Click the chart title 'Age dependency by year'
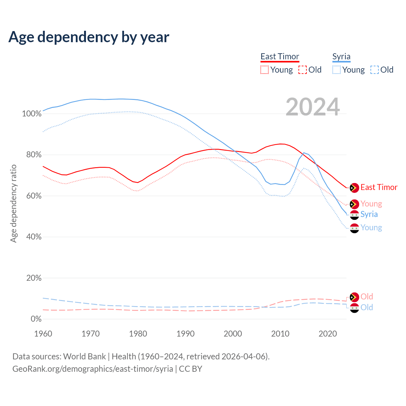pos(89,37)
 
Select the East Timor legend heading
pos(280,56)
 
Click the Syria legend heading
pos(341,56)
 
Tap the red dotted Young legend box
pos(265,70)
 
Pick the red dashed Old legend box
pos(303,70)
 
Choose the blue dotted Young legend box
pos(337,70)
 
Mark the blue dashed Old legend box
pos(375,70)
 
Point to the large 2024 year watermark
pos(313,107)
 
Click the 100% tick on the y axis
pos(32,114)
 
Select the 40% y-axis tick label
pos(34,237)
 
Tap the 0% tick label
pos(36,319)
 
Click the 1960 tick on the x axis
pos(43,334)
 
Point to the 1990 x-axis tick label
pos(186,334)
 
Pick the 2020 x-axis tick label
pos(328,334)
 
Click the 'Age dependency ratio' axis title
pos(13,203)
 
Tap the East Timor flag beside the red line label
pos(354,188)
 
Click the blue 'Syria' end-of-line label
pos(369,214)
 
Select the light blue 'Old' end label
pos(367,307)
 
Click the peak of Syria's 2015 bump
pos(304,153)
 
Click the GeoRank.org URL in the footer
pos(93,369)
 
